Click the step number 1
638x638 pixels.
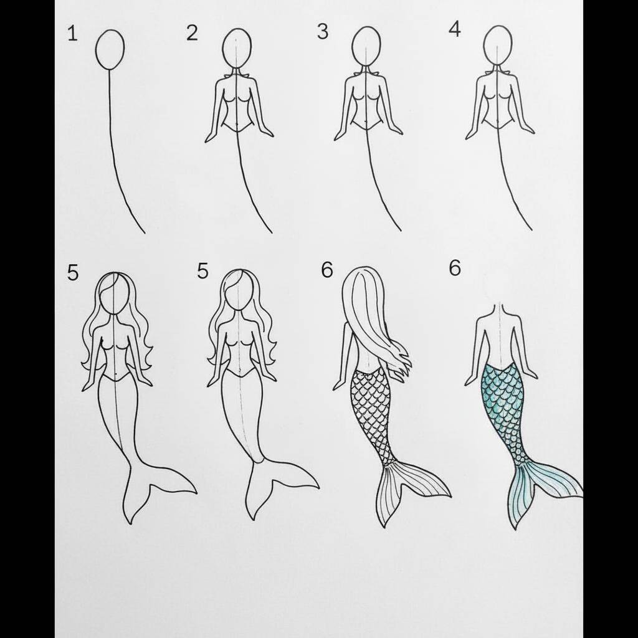[x=72, y=34]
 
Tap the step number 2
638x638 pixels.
[x=192, y=33]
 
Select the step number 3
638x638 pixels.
[x=323, y=32]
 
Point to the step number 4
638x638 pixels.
[x=454, y=30]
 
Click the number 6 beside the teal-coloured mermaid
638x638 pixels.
[x=455, y=268]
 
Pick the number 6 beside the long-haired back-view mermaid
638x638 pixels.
[x=326, y=270]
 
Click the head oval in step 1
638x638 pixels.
[x=110, y=49]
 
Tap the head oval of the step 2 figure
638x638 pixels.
[x=237, y=48]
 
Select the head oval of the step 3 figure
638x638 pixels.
[x=366, y=46]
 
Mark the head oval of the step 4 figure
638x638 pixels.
[x=498, y=45]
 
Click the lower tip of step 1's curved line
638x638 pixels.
[x=145, y=233]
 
